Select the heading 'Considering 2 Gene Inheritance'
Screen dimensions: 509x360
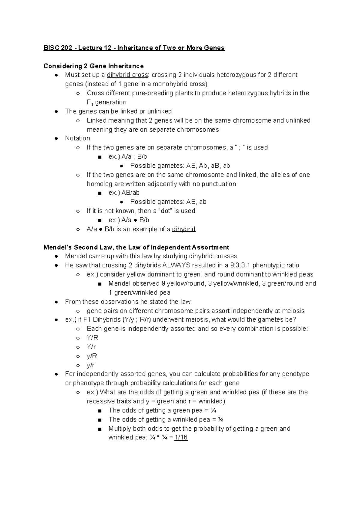pos(93,66)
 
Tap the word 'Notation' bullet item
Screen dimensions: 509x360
pos(77,138)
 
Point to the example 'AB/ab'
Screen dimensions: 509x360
pos(130,193)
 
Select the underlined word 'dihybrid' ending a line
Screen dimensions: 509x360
pos(184,229)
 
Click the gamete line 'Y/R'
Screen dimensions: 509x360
pos(92,338)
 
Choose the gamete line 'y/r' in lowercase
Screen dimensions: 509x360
pos(91,365)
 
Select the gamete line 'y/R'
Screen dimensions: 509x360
pos(92,356)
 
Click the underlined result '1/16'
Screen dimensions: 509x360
pos(181,437)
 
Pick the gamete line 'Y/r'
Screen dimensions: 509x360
pos(91,347)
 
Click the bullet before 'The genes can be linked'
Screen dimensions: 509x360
pos(56,112)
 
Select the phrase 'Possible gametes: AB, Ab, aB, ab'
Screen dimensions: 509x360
pos(180,166)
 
